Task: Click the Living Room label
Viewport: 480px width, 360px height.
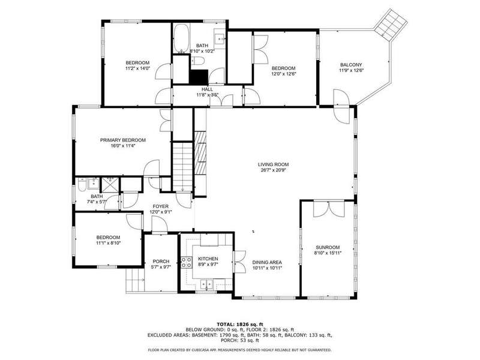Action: click(x=273, y=164)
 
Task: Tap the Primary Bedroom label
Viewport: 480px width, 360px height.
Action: click(x=123, y=140)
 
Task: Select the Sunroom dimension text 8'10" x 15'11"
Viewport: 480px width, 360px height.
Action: click(x=328, y=253)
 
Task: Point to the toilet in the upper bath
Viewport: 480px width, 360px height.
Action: click(x=199, y=61)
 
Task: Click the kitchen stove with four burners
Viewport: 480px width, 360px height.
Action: click(x=186, y=262)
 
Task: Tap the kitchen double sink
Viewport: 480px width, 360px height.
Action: click(x=207, y=284)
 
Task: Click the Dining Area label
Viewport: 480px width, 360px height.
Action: click(x=267, y=262)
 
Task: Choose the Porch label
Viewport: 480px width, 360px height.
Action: click(x=161, y=262)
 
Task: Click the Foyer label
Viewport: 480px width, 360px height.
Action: click(x=160, y=206)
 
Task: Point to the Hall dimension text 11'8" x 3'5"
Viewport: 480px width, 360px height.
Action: click(x=207, y=95)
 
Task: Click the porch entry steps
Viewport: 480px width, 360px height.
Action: click(x=134, y=280)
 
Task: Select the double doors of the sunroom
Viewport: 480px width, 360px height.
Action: click(x=328, y=209)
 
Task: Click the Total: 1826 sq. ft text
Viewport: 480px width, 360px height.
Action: click(x=240, y=324)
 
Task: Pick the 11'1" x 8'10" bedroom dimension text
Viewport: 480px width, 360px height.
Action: click(x=109, y=243)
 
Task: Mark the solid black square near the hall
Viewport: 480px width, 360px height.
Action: click(x=199, y=77)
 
